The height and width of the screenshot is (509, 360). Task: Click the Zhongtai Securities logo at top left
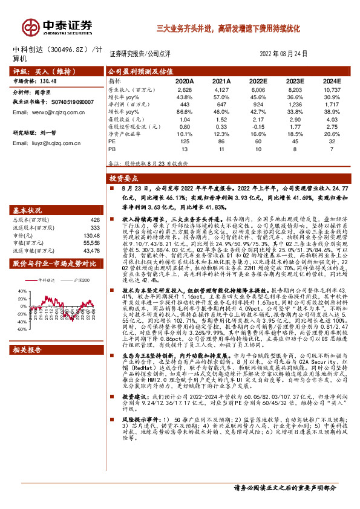pos(58,27)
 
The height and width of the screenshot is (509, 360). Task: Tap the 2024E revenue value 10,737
pos(332,89)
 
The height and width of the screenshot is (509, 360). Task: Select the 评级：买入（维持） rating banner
pos(43,71)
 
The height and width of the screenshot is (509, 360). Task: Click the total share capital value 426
pos(94,219)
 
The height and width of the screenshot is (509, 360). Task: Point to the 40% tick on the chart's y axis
pos(21,290)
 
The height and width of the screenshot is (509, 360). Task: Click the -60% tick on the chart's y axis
pos(21,330)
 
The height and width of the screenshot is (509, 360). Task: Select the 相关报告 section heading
pos(28,350)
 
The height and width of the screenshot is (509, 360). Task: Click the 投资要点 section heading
pos(124,179)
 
